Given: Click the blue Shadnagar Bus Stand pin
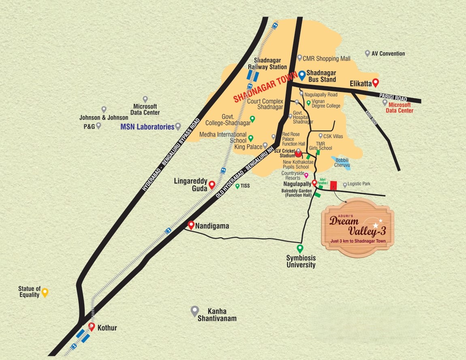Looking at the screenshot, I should click(301, 75).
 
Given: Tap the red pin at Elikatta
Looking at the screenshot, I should click(375, 82).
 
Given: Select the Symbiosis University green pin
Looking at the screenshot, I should click(300, 248).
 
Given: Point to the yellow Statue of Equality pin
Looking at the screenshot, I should click(45, 292).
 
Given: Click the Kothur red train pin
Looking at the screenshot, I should click(92, 327).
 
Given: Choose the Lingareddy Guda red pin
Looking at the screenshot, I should click(212, 185).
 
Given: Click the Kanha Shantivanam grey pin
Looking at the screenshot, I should click(195, 311).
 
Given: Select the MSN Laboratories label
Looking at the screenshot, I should click(147, 127).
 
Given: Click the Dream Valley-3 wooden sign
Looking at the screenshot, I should click(357, 228).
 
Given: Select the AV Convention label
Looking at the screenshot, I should click(388, 53).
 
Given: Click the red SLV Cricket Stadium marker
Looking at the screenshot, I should click(298, 153).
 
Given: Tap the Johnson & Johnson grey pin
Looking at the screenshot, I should click(104, 109).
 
